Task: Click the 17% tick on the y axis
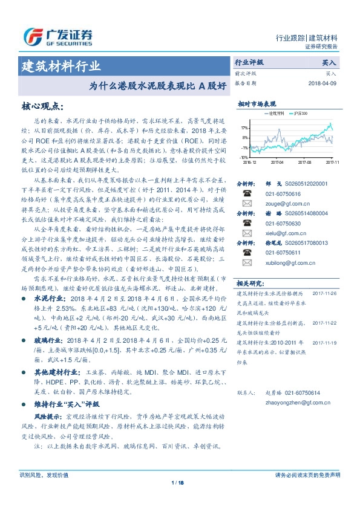pyautogui.click(x=244, y=128)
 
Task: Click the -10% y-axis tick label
pyautogui.click(x=243, y=157)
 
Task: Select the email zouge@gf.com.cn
pyautogui.click(x=283, y=204)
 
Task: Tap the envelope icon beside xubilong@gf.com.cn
pyautogui.click(x=247, y=261)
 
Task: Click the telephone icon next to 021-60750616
pyautogui.click(x=247, y=194)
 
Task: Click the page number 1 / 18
pyautogui.click(x=179, y=482)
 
